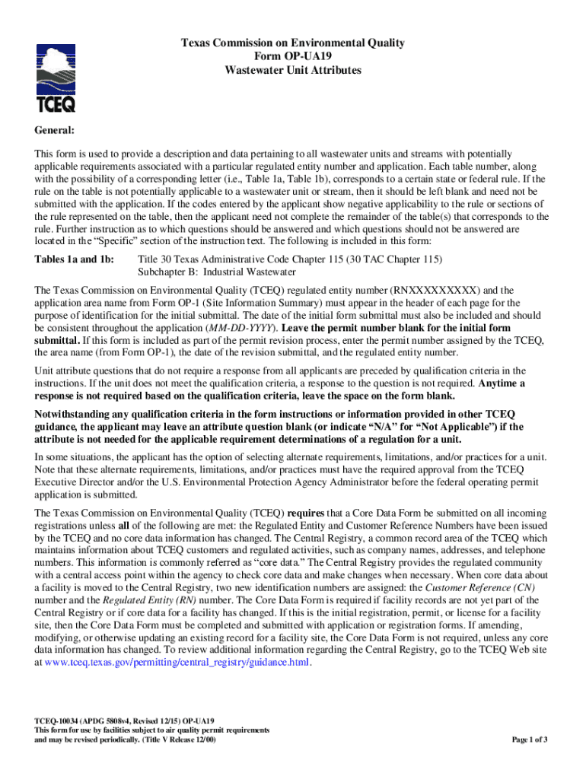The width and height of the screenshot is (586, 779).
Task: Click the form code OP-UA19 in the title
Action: pyautogui.click(x=292, y=57)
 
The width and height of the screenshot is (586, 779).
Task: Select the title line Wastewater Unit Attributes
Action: pyautogui.click(x=292, y=71)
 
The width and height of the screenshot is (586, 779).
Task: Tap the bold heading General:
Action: pyautogui.click(x=55, y=131)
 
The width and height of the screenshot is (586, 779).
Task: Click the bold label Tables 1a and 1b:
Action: pyautogui.click(x=74, y=259)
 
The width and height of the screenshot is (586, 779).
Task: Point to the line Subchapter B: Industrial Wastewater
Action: pyautogui.click(x=217, y=272)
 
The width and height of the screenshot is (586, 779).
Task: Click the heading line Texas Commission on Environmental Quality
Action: pyautogui.click(x=292, y=43)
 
